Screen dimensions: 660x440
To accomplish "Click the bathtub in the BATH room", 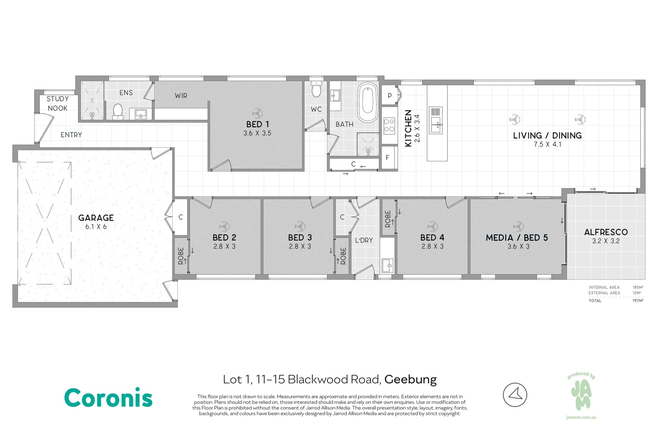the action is click(368, 102).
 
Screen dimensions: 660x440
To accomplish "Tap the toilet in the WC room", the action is click(316, 89).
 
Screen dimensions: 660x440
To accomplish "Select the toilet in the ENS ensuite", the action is click(118, 112).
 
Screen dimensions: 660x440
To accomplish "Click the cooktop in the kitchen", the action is click(389, 125).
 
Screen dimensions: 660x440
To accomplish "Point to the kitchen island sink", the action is click(436, 120).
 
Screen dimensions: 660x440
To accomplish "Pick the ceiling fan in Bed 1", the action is click(257, 113).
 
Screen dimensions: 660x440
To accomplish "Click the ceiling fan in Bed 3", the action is click(300, 227).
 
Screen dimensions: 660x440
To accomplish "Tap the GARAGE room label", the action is click(96, 218).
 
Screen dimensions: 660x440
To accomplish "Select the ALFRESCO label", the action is click(606, 232).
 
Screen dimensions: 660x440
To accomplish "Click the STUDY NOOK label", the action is click(57, 103).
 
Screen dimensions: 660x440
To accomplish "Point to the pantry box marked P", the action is click(390, 95).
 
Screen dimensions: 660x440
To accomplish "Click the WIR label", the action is click(181, 96).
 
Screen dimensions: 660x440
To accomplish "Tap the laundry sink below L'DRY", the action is click(387, 265).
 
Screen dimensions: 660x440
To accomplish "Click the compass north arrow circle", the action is click(515, 395).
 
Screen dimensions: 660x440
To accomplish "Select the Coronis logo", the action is click(108, 397).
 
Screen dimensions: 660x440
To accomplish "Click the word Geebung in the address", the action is click(410, 380).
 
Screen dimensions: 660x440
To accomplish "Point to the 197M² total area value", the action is click(638, 301).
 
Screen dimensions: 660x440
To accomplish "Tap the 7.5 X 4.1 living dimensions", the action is click(548, 145).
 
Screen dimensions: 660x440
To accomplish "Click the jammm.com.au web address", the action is click(581, 417).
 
